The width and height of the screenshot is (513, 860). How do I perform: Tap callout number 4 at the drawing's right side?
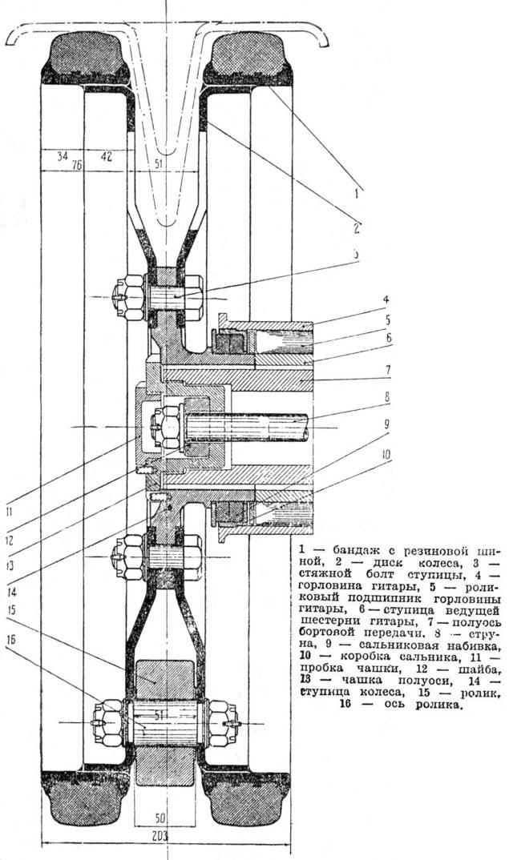pos(386,301)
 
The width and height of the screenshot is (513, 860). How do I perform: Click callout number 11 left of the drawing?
pos(10,507)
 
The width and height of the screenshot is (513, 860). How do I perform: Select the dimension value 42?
pos(106,156)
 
